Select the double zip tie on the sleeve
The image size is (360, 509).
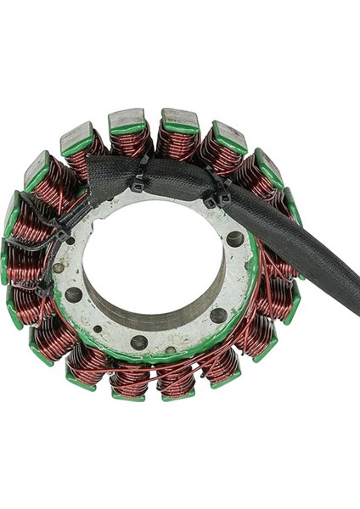pyautogui.click(x=219, y=193)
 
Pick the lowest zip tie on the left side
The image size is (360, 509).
pyautogui.click(x=44, y=288)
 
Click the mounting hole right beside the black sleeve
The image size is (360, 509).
pyautogui.click(x=234, y=240)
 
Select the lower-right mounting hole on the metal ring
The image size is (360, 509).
pyautogui.click(x=219, y=315)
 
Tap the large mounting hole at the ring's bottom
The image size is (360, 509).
pyautogui.click(x=138, y=343)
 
